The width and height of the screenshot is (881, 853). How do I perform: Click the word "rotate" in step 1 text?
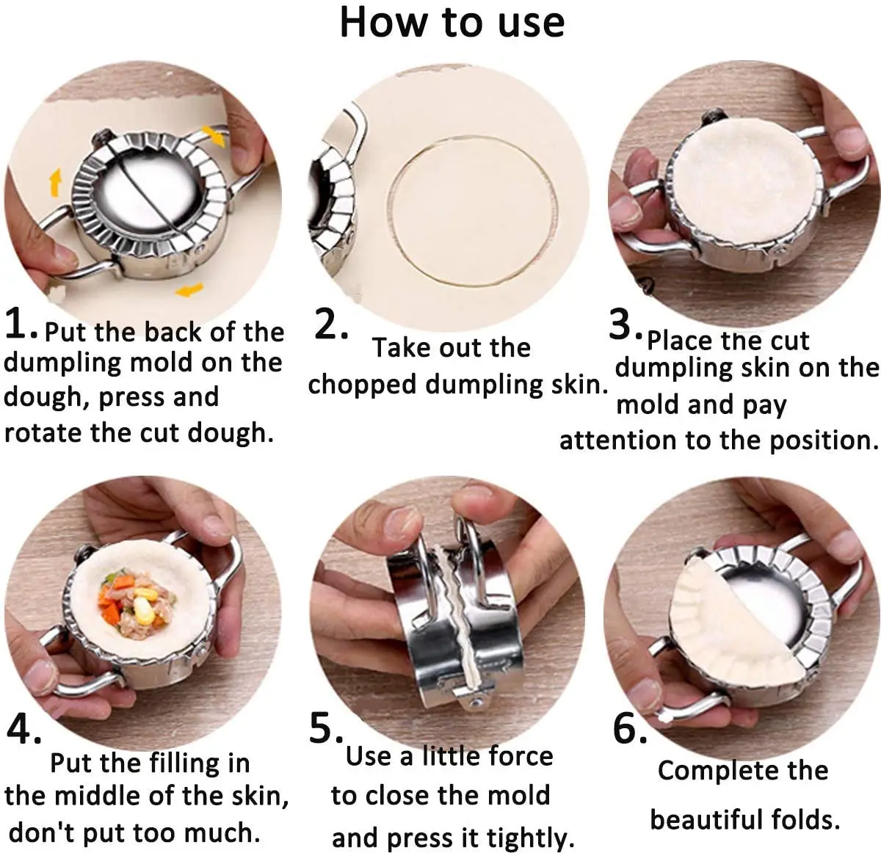(44, 433)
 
